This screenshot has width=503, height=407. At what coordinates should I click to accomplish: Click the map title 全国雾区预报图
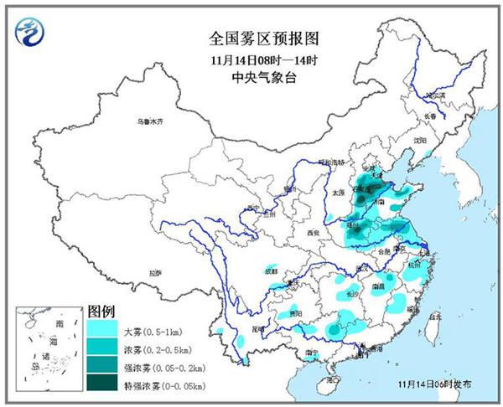point(252,39)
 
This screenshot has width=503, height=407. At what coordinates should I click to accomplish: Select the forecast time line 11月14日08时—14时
point(252,59)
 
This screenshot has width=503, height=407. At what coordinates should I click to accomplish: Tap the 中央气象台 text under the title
point(252,78)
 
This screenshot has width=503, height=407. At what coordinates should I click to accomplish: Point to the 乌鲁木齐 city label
point(150,122)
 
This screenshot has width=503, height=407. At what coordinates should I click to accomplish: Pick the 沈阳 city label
point(419,141)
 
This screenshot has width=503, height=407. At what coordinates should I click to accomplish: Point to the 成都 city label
point(269,270)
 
